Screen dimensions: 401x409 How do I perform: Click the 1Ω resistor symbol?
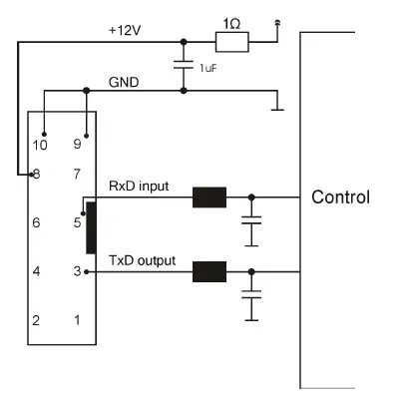coord(232,41)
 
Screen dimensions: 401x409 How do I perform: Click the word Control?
coord(341,197)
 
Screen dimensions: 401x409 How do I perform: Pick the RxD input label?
coord(140,186)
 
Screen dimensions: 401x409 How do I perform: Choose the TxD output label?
coord(142,260)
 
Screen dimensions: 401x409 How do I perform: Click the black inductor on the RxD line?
coord(209,198)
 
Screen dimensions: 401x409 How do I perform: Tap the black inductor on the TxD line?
coord(209,271)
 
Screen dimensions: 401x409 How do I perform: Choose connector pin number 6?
coord(35,223)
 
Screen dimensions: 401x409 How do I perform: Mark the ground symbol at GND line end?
coord(277,104)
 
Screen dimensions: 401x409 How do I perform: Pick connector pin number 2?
coord(35,320)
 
